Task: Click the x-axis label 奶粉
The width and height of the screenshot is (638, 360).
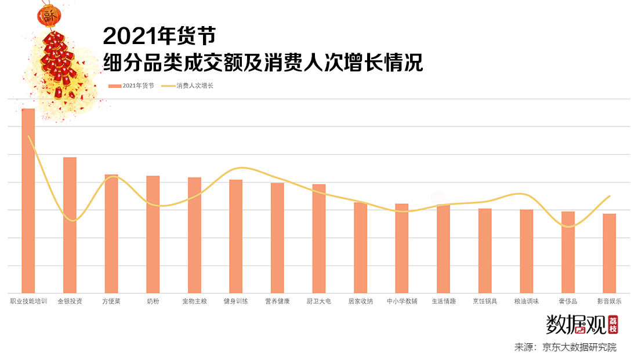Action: pos(153,301)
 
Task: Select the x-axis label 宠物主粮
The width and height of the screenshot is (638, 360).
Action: pos(194,301)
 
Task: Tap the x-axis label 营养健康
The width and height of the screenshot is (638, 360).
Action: pos(277,301)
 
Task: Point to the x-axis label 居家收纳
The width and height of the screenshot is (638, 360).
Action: pos(360,301)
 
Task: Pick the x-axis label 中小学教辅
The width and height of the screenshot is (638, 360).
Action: pos(402,301)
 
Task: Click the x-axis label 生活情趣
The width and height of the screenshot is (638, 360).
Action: pos(444,301)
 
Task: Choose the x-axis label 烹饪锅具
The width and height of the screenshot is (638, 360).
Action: pos(485,301)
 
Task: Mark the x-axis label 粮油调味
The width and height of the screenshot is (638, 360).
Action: pos(527,301)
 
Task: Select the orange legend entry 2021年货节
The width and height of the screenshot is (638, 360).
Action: pos(132,86)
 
